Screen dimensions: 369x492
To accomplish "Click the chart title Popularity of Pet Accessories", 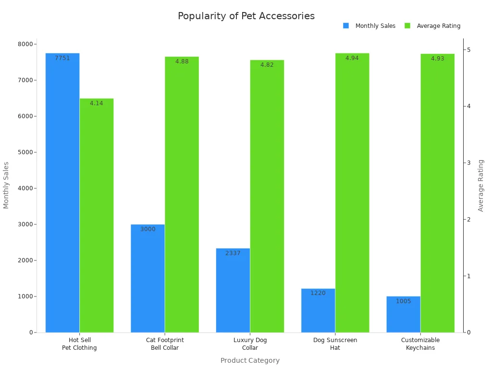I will tap(246, 16).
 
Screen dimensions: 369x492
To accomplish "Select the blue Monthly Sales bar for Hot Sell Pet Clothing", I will tap(62, 192).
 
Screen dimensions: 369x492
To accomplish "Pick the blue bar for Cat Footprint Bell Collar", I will tap(148, 278).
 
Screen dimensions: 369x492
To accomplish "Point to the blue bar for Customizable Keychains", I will tap(403, 314).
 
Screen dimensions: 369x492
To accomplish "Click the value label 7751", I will tap(62, 58).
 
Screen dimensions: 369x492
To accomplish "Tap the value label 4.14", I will tap(97, 103).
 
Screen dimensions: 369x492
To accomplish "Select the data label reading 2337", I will tap(233, 253).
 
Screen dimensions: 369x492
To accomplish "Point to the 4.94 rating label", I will tap(352, 58).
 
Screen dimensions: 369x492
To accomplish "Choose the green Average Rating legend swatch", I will tap(407, 26).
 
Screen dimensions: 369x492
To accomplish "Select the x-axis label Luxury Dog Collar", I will tap(250, 344).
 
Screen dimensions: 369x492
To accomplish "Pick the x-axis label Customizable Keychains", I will tap(420, 344).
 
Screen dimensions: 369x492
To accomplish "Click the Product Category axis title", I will tap(250, 360).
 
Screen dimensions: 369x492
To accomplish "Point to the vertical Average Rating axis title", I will tap(481, 185).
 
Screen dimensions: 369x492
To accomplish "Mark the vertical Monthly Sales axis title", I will tap(6, 185).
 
